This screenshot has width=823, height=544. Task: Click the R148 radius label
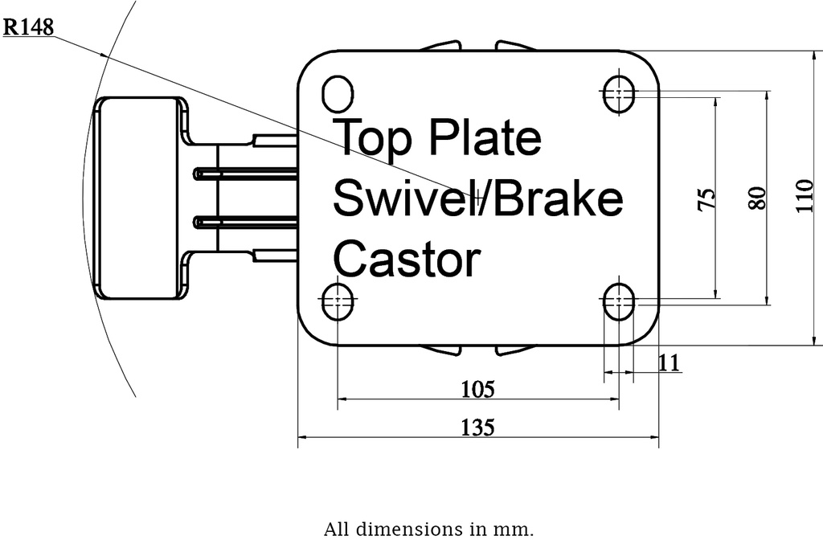[29, 28]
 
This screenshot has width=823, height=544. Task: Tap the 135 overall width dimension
[477, 427]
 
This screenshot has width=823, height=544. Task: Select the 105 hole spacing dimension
[477, 389]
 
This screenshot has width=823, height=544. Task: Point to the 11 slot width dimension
[669, 362]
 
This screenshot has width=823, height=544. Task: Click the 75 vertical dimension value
[705, 198]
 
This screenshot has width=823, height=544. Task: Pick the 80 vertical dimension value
[756, 198]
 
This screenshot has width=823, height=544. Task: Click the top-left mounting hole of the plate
[338, 93]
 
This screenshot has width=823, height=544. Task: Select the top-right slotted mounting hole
[618, 93]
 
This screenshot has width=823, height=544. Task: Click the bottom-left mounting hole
[338, 301]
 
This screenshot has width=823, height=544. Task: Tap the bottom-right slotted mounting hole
[618, 301]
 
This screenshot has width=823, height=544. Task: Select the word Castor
[406, 259]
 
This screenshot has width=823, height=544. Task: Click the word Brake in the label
[557, 198]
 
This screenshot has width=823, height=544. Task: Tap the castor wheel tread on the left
[137, 198]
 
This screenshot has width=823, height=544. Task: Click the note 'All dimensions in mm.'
[428, 530]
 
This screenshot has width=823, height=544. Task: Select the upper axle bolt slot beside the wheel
[245, 173]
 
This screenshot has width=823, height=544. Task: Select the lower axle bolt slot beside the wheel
[245, 222]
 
